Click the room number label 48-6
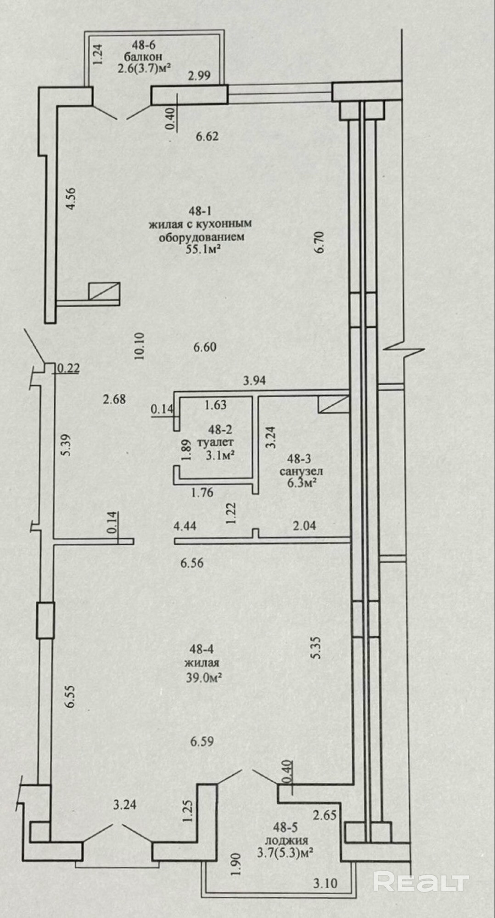(x=144, y=45)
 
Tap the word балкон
(x=143, y=57)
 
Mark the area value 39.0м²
(x=201, y=677)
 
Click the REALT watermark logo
(x=421, y=882)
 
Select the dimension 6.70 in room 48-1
(x=320, y=242)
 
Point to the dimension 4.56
(x=71, y=199)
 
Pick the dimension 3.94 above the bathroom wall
(x=254, y=380)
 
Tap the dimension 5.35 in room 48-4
(x=315, y=648)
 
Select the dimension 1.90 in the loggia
(x=236, y=865)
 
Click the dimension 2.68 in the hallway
(x=114, y=399)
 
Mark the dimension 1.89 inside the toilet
(x=186, y=450)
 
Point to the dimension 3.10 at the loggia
(x=326, y=883)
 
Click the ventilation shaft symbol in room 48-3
(x=332, y=404)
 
